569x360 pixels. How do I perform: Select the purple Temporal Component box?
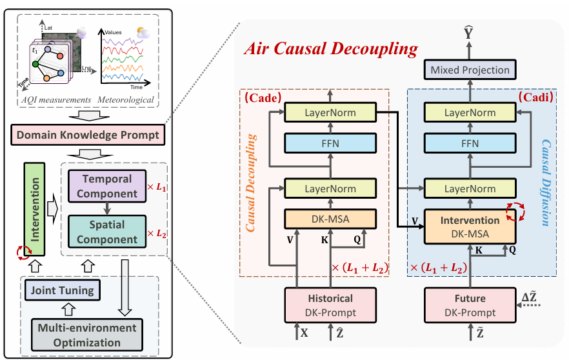click(x=107, y=185)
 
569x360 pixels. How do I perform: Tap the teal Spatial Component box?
click(x=107, y=232)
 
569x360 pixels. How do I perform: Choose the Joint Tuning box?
click(x=61, y=290)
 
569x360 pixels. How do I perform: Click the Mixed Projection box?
click(x=470, y=70)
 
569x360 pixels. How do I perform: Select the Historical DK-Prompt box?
click(x=330, y=305)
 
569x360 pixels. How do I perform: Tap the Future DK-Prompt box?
click(x=470, y=305)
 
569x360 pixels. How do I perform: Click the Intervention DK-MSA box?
click(x=470, y=226)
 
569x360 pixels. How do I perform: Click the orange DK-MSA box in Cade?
click(x=330, y=218)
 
